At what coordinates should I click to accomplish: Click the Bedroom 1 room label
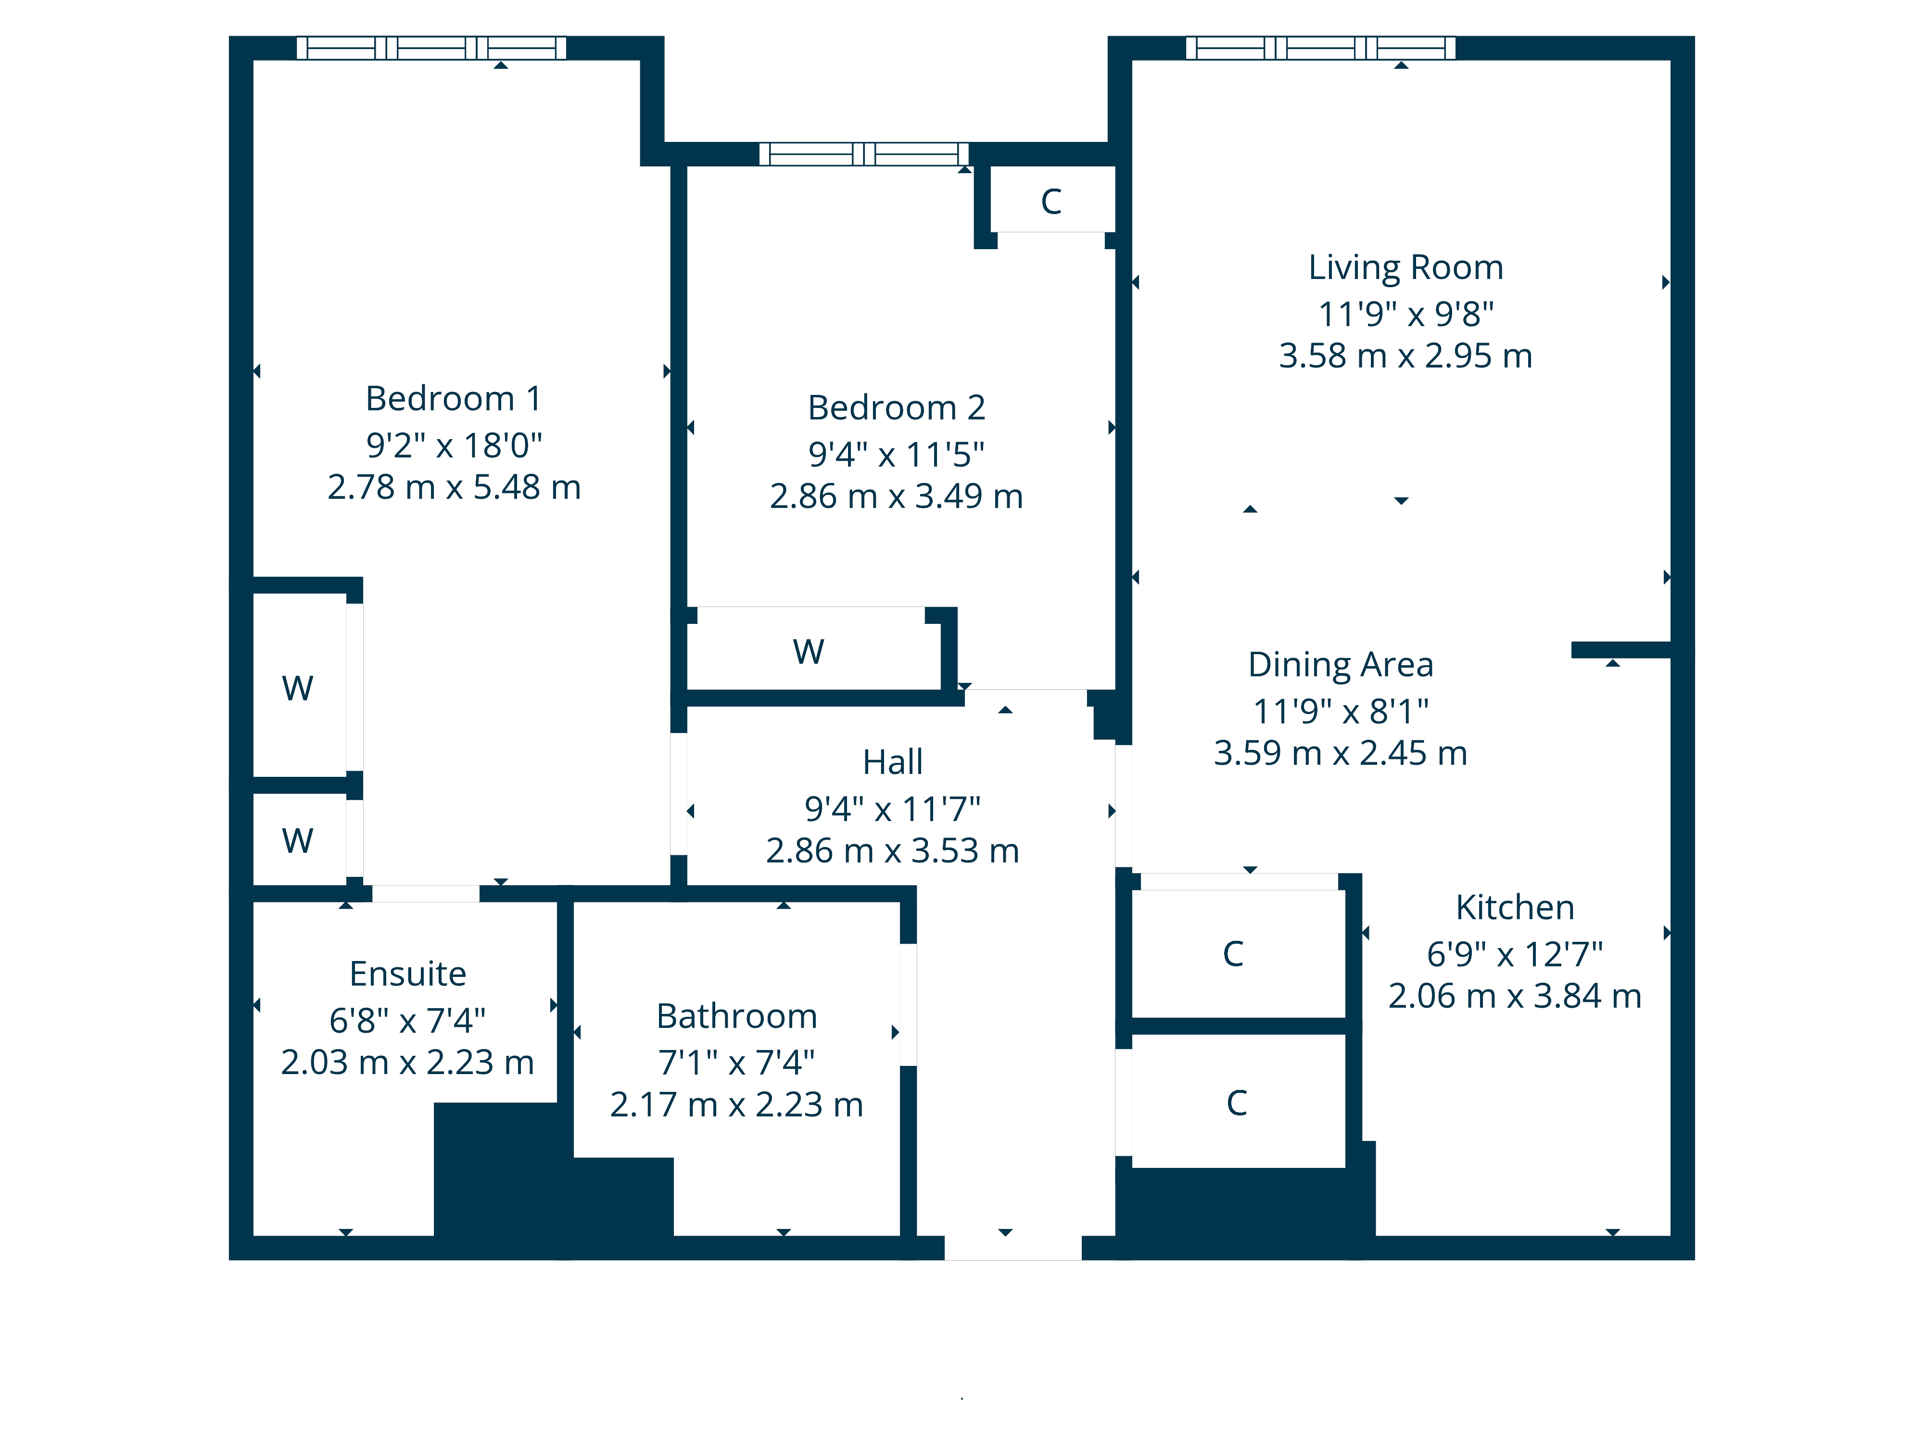coord(453,398)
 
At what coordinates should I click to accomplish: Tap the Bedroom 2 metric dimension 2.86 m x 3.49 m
coord(896,496)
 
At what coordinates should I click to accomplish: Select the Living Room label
coord(1405,267)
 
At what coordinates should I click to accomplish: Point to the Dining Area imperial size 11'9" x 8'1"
coord(1341,711)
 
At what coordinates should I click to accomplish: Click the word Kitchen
coord(1514,907)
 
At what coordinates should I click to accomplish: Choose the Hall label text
coord(892,762)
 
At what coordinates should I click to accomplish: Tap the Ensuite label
coord(407,974)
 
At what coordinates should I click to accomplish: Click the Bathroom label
coord(736,1016)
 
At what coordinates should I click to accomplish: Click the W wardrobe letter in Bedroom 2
coord(808,651)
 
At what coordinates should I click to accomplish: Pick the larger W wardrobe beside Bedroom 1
coord(297,688)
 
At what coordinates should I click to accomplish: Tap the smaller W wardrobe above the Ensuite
coord(297,840)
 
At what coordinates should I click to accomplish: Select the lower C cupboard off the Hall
coord(1236,1103)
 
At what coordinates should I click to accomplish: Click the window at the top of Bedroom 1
coord(431,48)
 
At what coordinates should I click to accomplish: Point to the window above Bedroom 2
coord(864,154)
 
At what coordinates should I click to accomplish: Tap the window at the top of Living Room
coord(1320,48)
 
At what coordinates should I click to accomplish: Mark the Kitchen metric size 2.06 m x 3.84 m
coord(1514,996)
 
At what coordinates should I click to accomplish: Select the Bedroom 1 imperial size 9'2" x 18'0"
coord(453,445)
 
